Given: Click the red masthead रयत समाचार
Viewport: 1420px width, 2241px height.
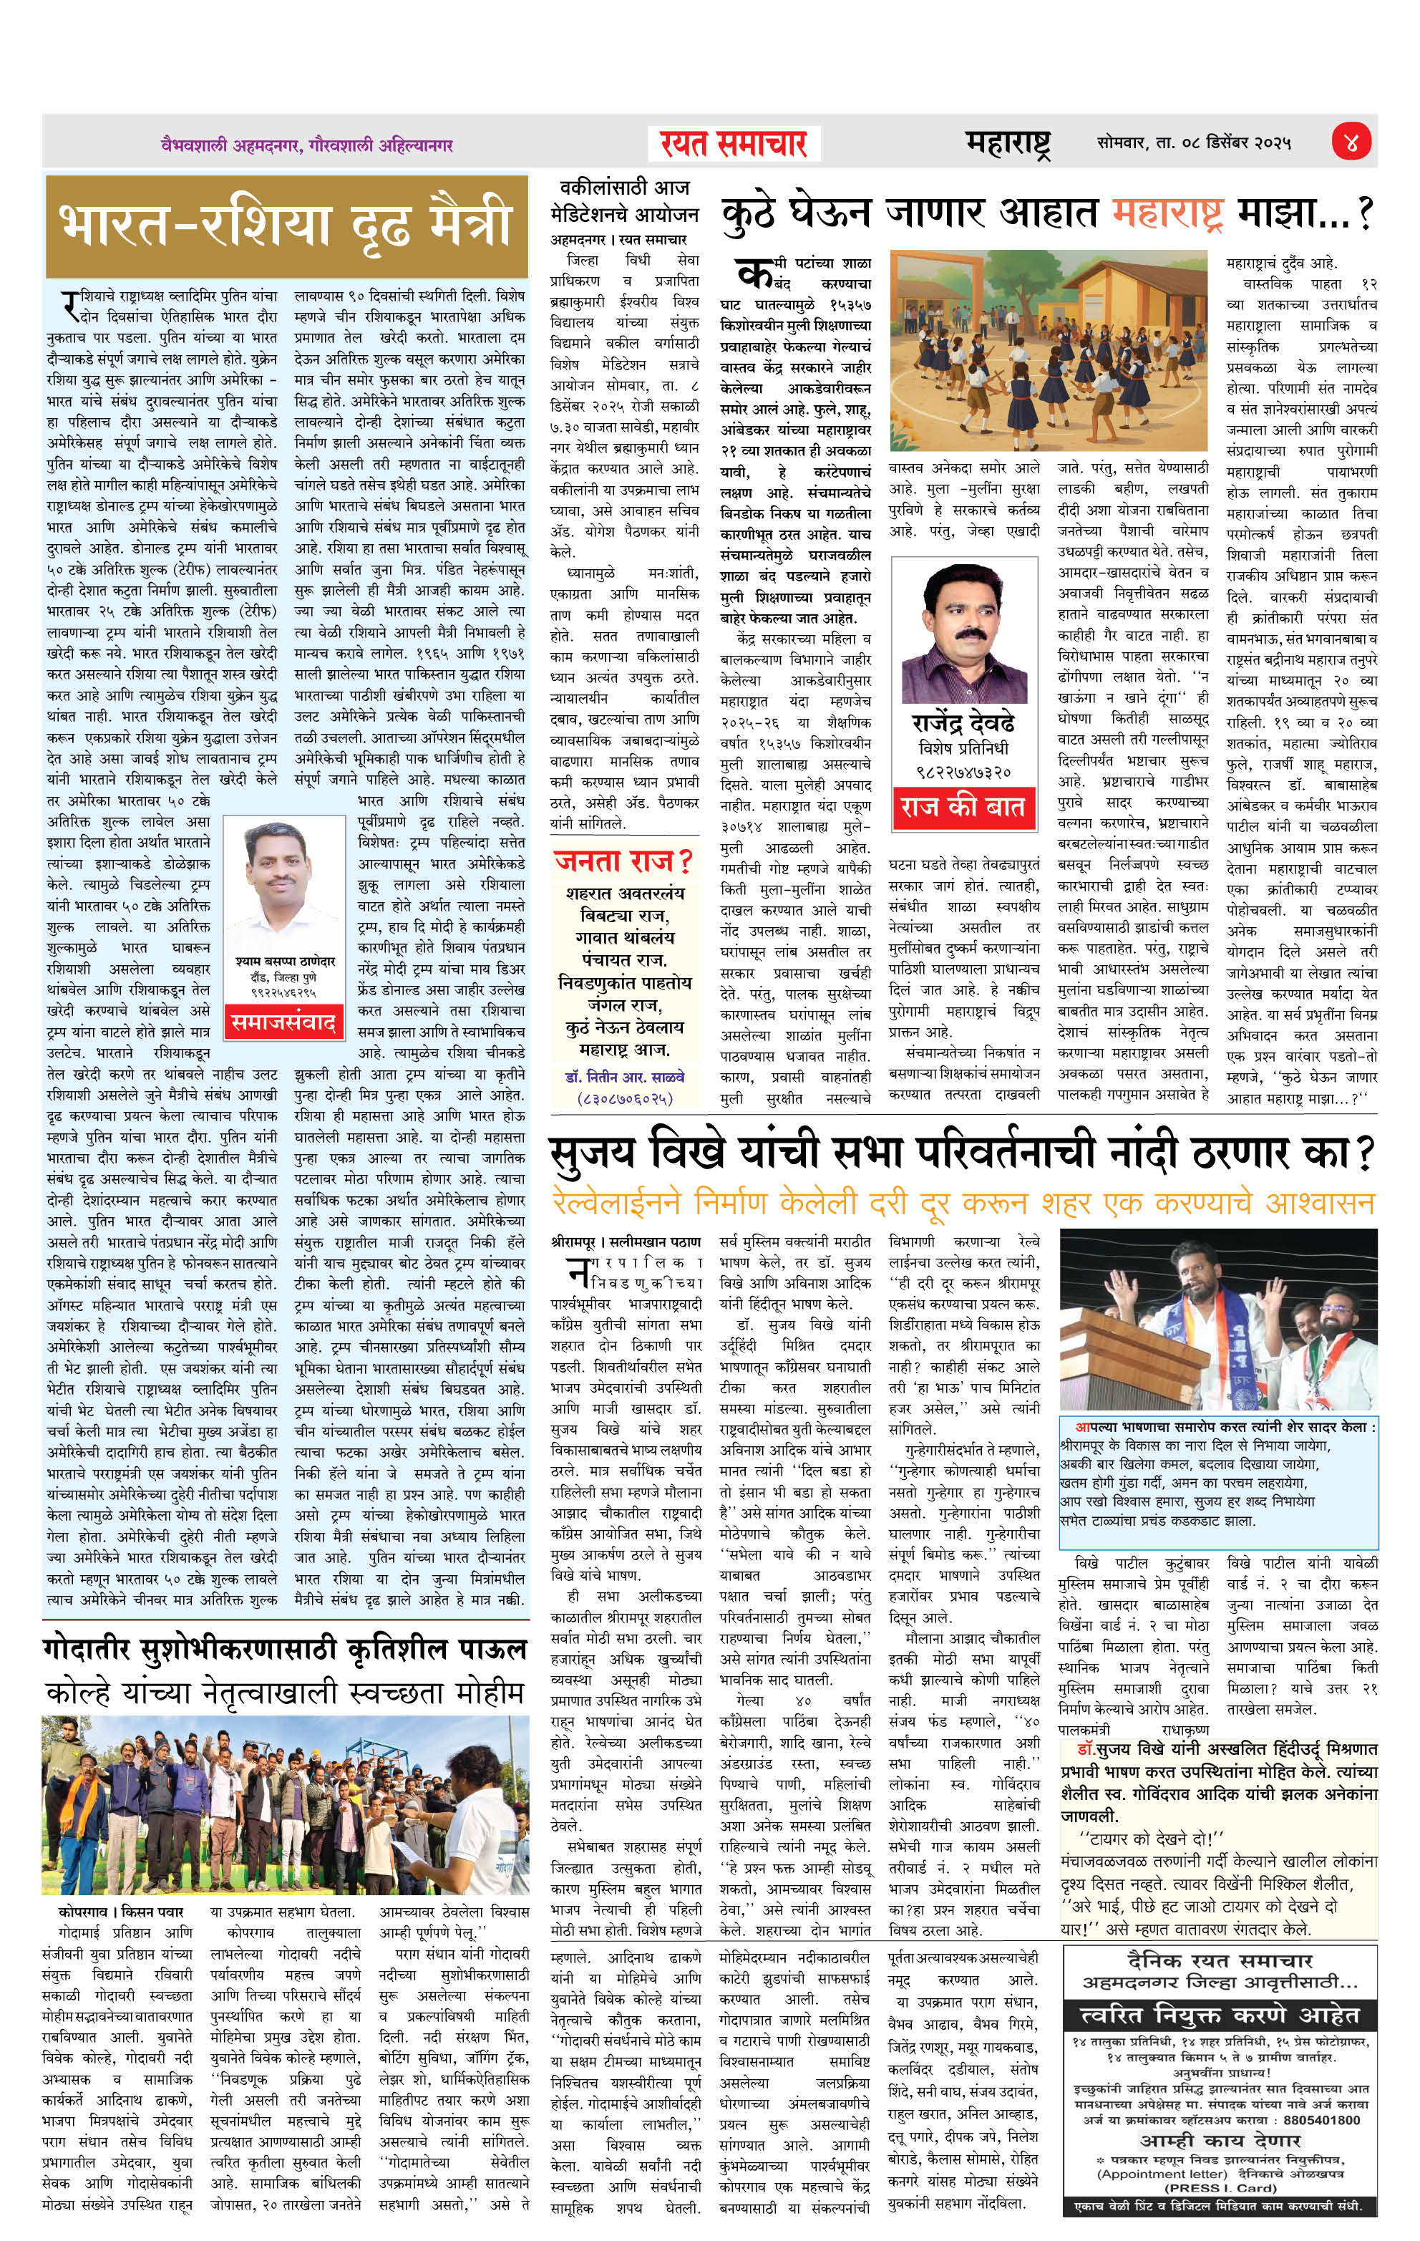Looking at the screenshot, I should [x=734, y=144].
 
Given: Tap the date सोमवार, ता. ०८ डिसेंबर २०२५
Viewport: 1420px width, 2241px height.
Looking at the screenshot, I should [x=1194, y=143].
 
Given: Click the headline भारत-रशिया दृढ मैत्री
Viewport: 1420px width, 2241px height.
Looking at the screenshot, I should [x=286, y=223].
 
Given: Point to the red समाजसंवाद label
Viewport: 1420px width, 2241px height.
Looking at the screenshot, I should [x=283, y=1022].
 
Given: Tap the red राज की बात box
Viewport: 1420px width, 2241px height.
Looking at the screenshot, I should [x=961, y=806].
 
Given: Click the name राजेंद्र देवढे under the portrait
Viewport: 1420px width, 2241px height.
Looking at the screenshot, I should [x=962, y=723].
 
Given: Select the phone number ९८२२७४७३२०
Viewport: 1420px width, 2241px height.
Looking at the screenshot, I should [x=962, y=772].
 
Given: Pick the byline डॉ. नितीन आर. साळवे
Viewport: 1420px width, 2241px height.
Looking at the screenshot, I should [x=623, y=1077].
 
